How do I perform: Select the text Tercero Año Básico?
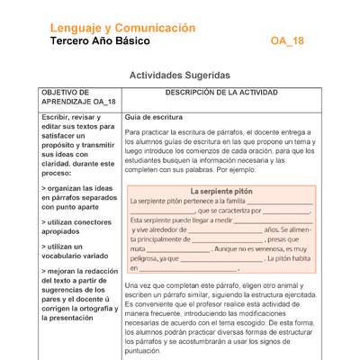pyautogui.click(x=100, y=41)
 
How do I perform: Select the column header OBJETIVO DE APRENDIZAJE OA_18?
pyautogui.click(x=67, y=98)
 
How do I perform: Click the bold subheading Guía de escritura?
pyautogui.click(x=154, y=118)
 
